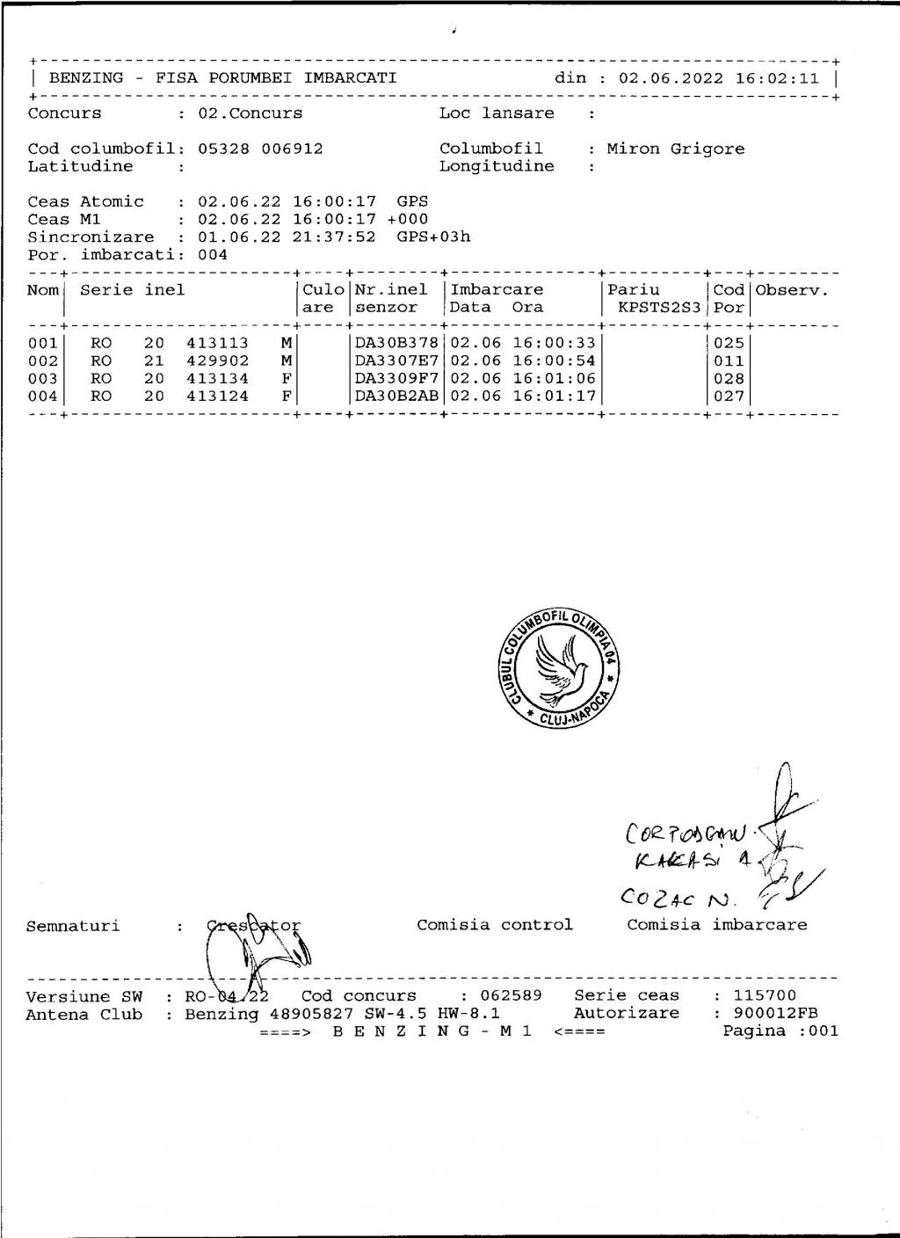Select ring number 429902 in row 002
click(217, 361)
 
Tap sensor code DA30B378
click(396, 343)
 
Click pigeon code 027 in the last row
click(729, 397)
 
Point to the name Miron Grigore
click(675, 149)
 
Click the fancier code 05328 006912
click(260, 149)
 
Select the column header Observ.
click(792, 290)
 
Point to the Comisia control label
click(494, 925)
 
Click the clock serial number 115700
click(765, 996)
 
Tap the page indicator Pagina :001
click(780, 1031)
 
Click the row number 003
click(42, 379)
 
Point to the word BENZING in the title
click(86, 78)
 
